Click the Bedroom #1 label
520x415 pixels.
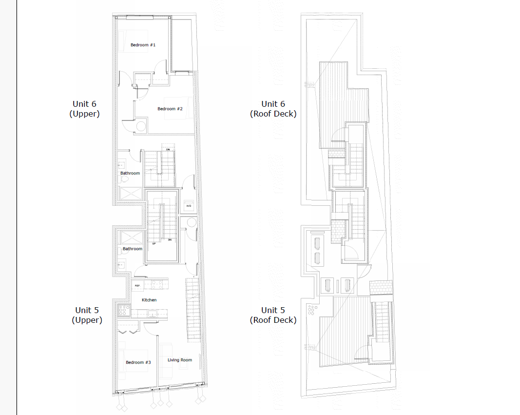pyautogui.click(x=143, y=45)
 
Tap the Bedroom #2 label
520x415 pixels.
pyautogui.click(x=170, y=109)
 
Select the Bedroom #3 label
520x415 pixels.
pyautogui.click(x=138, y=362)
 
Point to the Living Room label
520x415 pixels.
pyautogui.click(x=180, y=360)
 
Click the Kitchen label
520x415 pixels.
pyautogui.click(x=149, y=300)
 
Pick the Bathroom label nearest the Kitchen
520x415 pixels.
pyautogui.click(x=132, y=249)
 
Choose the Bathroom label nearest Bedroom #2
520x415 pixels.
pyautogui.click(x=130, y=173)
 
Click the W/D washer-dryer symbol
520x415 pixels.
pyautogui.click(x=189, y=205)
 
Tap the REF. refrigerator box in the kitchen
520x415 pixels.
pyautogui.click(x=137, y=285)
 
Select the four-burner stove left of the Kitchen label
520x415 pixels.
pyautogui.click(x=123, y=309)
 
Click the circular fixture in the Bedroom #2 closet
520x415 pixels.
pyautogui.click(x=141, y=126)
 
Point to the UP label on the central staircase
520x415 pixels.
pyautogui.click(x=154, y=243)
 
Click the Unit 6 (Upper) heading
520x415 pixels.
pyautogui.click(x=84, y=109)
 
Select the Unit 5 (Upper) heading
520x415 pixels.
pyautogui.click(x=87, y=315)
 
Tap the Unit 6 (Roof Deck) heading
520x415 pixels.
pyautogui.click(x=273, y=109)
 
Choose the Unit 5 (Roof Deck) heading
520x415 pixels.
pyautogui.click(x=273, y=315)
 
